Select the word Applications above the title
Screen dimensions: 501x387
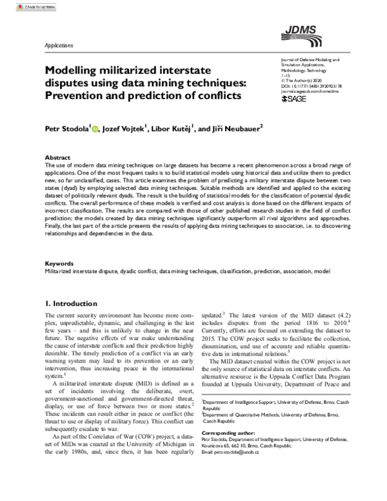[x=59, y=45]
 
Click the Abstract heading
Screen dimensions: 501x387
[x=57, y=157]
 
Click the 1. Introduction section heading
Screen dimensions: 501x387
[x=71, y=303]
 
